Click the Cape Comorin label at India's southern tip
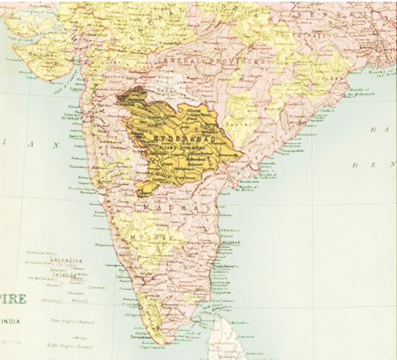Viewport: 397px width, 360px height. click(x=176, y=343)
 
